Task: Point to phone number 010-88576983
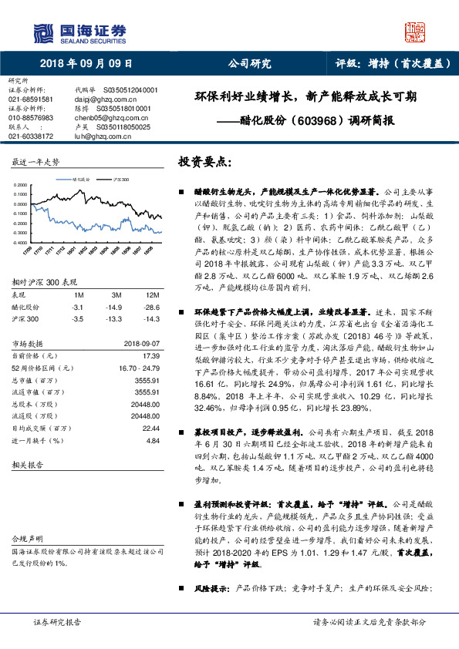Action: coord(31,118)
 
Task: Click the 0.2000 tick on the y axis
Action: coord(21,186)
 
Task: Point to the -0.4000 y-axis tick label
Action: coord(20,242)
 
